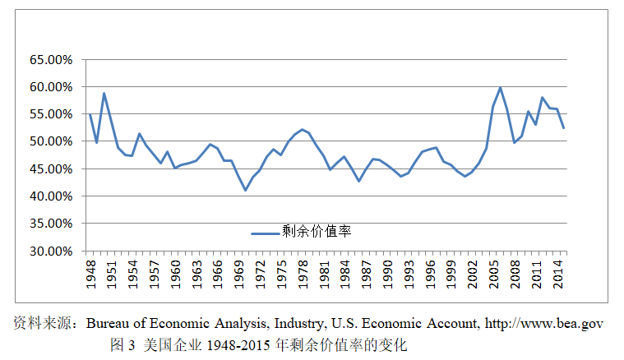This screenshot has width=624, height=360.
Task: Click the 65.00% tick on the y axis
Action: (x=51, y=60)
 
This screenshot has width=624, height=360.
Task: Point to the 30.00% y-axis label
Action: (x=51, y=251)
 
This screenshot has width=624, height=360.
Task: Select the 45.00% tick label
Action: (x=51, y=169)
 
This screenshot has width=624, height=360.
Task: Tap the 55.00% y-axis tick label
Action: (x=51, y=114)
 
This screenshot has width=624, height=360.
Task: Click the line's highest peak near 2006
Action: (x=500, y=88)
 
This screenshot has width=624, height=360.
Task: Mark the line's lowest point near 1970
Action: (x=245, y=191)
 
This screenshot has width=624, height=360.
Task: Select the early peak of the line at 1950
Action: (x=104, y=93)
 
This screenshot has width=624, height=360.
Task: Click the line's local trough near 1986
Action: (x=358, y=181)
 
